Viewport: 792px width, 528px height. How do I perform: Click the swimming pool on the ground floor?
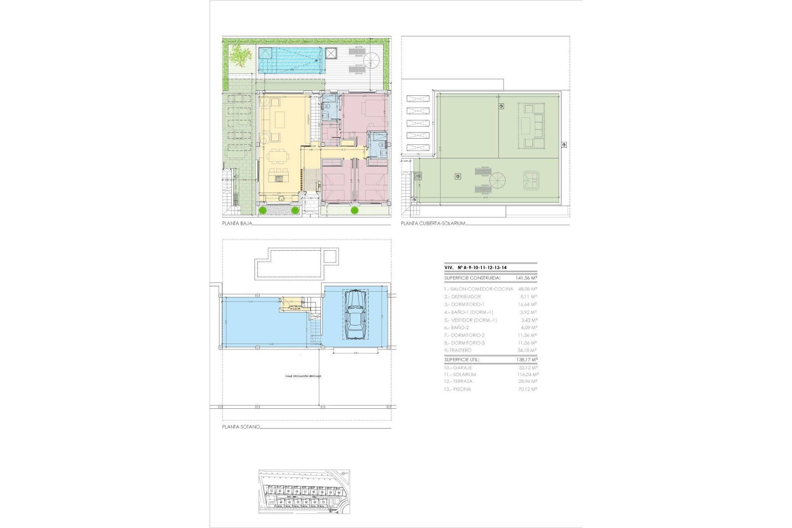[x=290, y=61]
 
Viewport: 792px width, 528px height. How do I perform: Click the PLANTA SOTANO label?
[x=241, y=427]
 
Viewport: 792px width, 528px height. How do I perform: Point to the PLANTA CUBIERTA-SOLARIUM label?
[x=433, y=224]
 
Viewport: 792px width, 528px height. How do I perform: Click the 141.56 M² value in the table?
[x=526, y=278]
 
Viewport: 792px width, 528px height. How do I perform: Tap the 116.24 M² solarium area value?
[x=528, y=375]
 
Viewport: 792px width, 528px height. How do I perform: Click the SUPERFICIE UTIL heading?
[x=462, y=360]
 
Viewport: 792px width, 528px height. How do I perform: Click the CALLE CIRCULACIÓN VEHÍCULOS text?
[x=303, y=376]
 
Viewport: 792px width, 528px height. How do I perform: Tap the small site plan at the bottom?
[x=304, y=491]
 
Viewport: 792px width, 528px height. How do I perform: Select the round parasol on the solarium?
[x=497, y=181]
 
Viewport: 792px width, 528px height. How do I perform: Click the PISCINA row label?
[x=457, y=389]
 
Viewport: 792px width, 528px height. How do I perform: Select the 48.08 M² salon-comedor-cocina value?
[x=527, y=289]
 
